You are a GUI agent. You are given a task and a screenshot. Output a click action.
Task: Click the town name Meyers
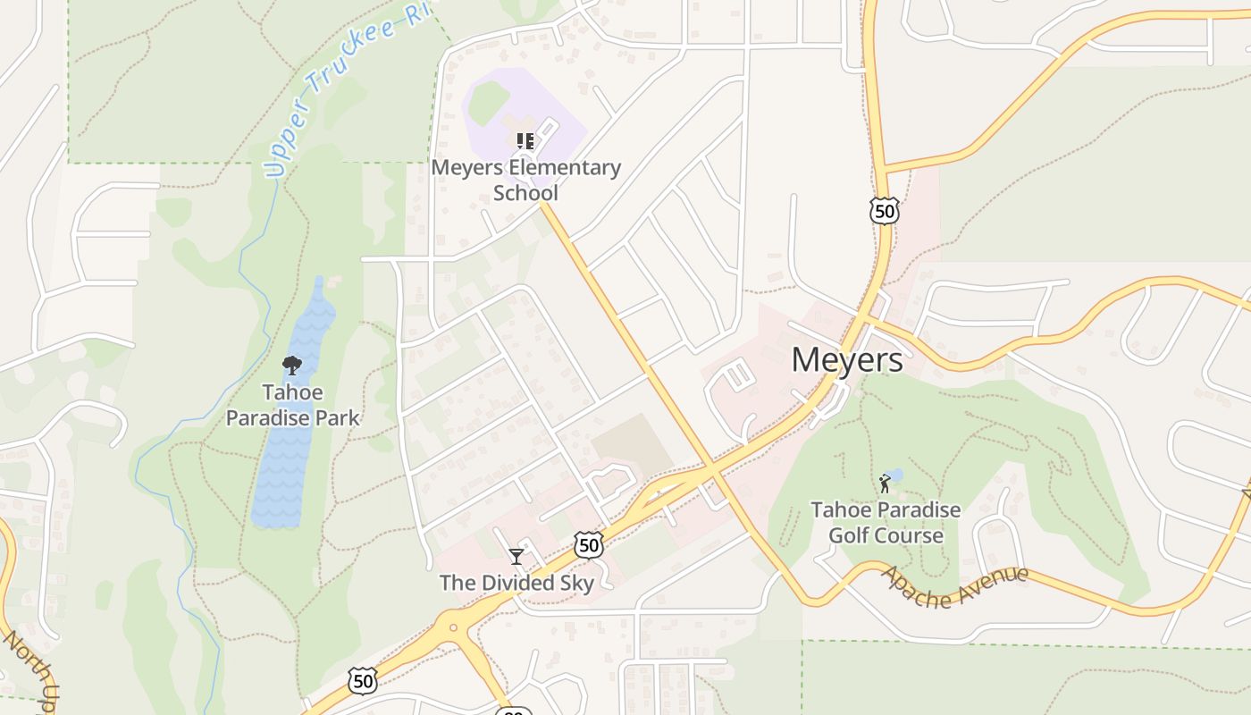coord(846,359)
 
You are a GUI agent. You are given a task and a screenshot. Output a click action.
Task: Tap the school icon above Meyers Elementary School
coord(525,140)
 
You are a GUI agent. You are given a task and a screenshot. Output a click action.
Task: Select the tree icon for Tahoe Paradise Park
coord(291,365)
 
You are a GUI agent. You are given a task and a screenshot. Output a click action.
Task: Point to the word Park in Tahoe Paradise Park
coord(341,417)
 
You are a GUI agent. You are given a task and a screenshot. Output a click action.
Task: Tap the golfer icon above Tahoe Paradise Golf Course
coord(885,484)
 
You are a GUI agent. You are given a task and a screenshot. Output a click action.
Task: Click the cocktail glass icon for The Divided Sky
coord(516,557)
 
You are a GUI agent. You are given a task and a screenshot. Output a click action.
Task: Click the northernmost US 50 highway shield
coord(884,211)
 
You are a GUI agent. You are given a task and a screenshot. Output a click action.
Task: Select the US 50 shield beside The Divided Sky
coord(588,544)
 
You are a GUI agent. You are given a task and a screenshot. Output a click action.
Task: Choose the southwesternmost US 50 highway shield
coord(362,681)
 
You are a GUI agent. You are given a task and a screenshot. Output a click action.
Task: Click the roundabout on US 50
coord(455,627)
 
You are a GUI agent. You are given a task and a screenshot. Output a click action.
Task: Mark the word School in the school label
coord(525,193)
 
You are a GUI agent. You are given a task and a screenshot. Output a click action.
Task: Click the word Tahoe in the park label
coord(293,392)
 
